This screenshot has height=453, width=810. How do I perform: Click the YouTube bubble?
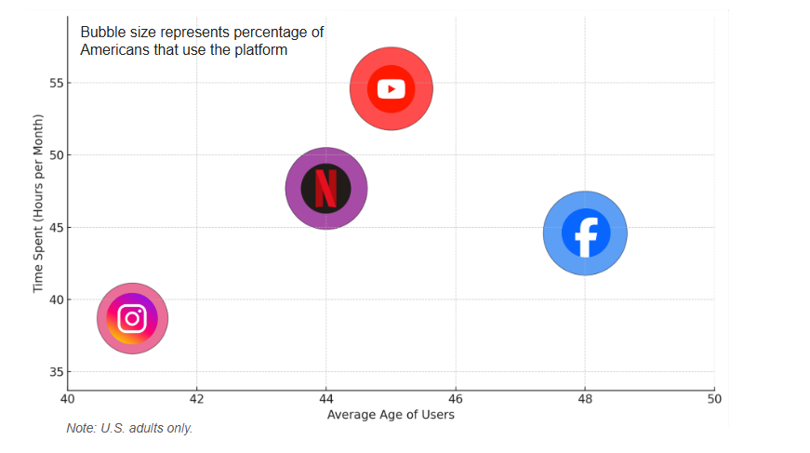point(392,89)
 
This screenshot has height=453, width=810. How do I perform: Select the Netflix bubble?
point(325,188)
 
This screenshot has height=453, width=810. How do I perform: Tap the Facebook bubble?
point(585,233)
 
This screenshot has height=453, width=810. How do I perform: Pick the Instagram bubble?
point(132,318)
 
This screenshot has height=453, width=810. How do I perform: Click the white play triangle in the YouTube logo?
point(392,89)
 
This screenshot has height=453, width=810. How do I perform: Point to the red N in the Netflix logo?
point(325,188)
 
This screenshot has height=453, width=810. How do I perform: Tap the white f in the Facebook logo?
point(586,233)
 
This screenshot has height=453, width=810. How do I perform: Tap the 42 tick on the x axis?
point(196,399)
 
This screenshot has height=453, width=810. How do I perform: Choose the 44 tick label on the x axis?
point(325,399)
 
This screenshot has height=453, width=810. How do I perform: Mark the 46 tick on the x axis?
point(455,399)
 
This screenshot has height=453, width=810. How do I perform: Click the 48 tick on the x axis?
point(584,399)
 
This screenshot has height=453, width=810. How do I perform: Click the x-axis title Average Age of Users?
point(391,415)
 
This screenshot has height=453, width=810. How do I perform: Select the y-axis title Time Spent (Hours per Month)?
point(38,204)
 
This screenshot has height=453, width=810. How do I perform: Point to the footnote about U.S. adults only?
point(129,429)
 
